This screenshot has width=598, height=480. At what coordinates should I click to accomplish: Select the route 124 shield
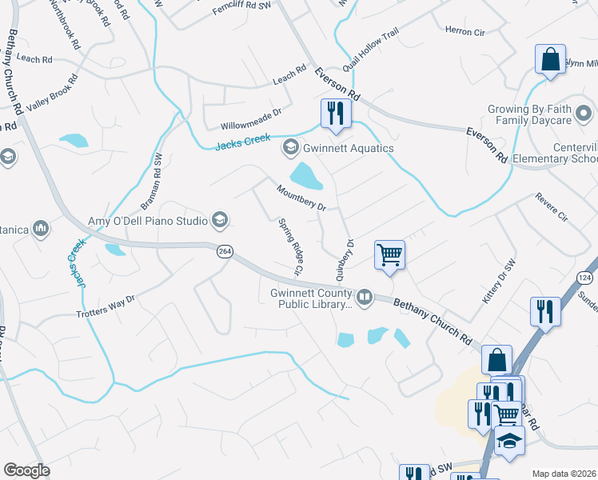click(x=584, y=277)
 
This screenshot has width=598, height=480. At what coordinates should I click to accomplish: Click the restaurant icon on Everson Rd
click(x=335, y=113)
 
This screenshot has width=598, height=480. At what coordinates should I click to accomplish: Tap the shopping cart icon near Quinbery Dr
click(x=389, y=255)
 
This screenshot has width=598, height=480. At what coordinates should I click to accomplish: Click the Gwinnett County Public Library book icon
click(x=365, y=298)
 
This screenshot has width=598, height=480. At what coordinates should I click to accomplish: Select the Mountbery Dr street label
click(x=301, y=198)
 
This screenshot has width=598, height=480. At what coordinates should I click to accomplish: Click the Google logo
click(x=26, y=470)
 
